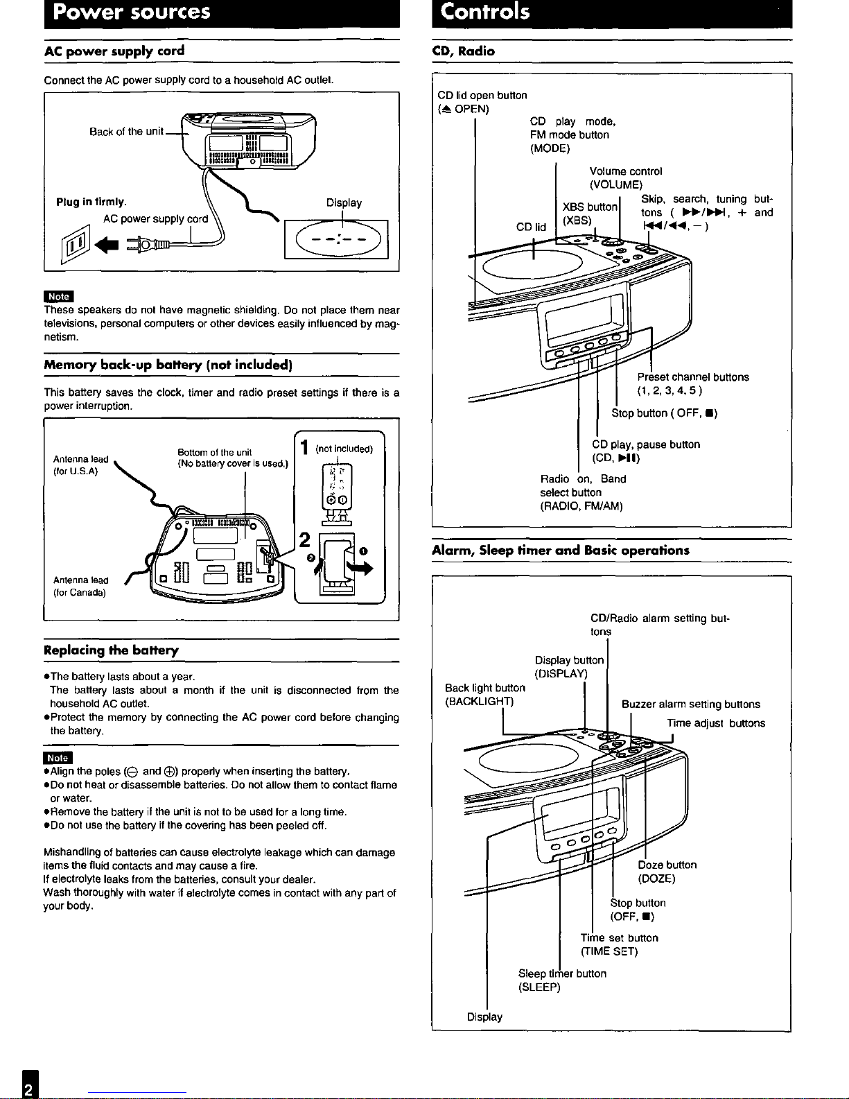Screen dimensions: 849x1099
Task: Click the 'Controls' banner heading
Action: click(x=484, y=12)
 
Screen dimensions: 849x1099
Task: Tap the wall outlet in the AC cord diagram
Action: click(x=76, y=244)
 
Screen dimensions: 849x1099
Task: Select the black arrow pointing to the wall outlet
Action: click(x=107, y=245)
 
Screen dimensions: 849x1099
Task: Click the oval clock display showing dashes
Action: click(x=338, y=239)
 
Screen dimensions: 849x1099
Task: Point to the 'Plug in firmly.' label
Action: click(x=91, y=202)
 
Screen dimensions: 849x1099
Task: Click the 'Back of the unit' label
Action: click(x=126, y=132)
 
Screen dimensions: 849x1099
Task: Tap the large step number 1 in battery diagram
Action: click(x=304, y=447)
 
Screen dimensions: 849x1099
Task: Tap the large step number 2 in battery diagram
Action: click(x=304, y=539)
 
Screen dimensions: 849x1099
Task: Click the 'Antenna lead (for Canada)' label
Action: click(x=80, y=586)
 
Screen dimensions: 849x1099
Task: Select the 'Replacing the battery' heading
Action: click(x=111, y=650)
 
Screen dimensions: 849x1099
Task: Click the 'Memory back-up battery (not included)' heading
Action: click(x=168, y=365)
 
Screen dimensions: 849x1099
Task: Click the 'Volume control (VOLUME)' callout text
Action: click(x=626, y=178)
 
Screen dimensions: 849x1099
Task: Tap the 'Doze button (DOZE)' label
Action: click(x=667, y=872)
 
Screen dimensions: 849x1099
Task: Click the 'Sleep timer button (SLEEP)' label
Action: click(x=562, y=980)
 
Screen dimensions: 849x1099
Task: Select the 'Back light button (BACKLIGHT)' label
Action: click(x=484, y=694)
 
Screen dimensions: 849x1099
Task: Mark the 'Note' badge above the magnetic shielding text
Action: click(x=59, y=296)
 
